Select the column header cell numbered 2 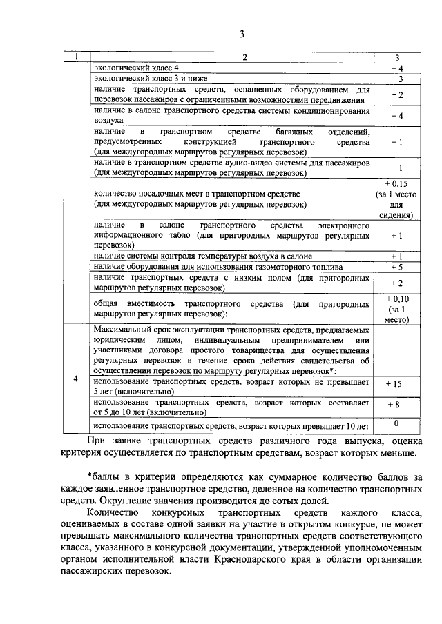234,57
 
